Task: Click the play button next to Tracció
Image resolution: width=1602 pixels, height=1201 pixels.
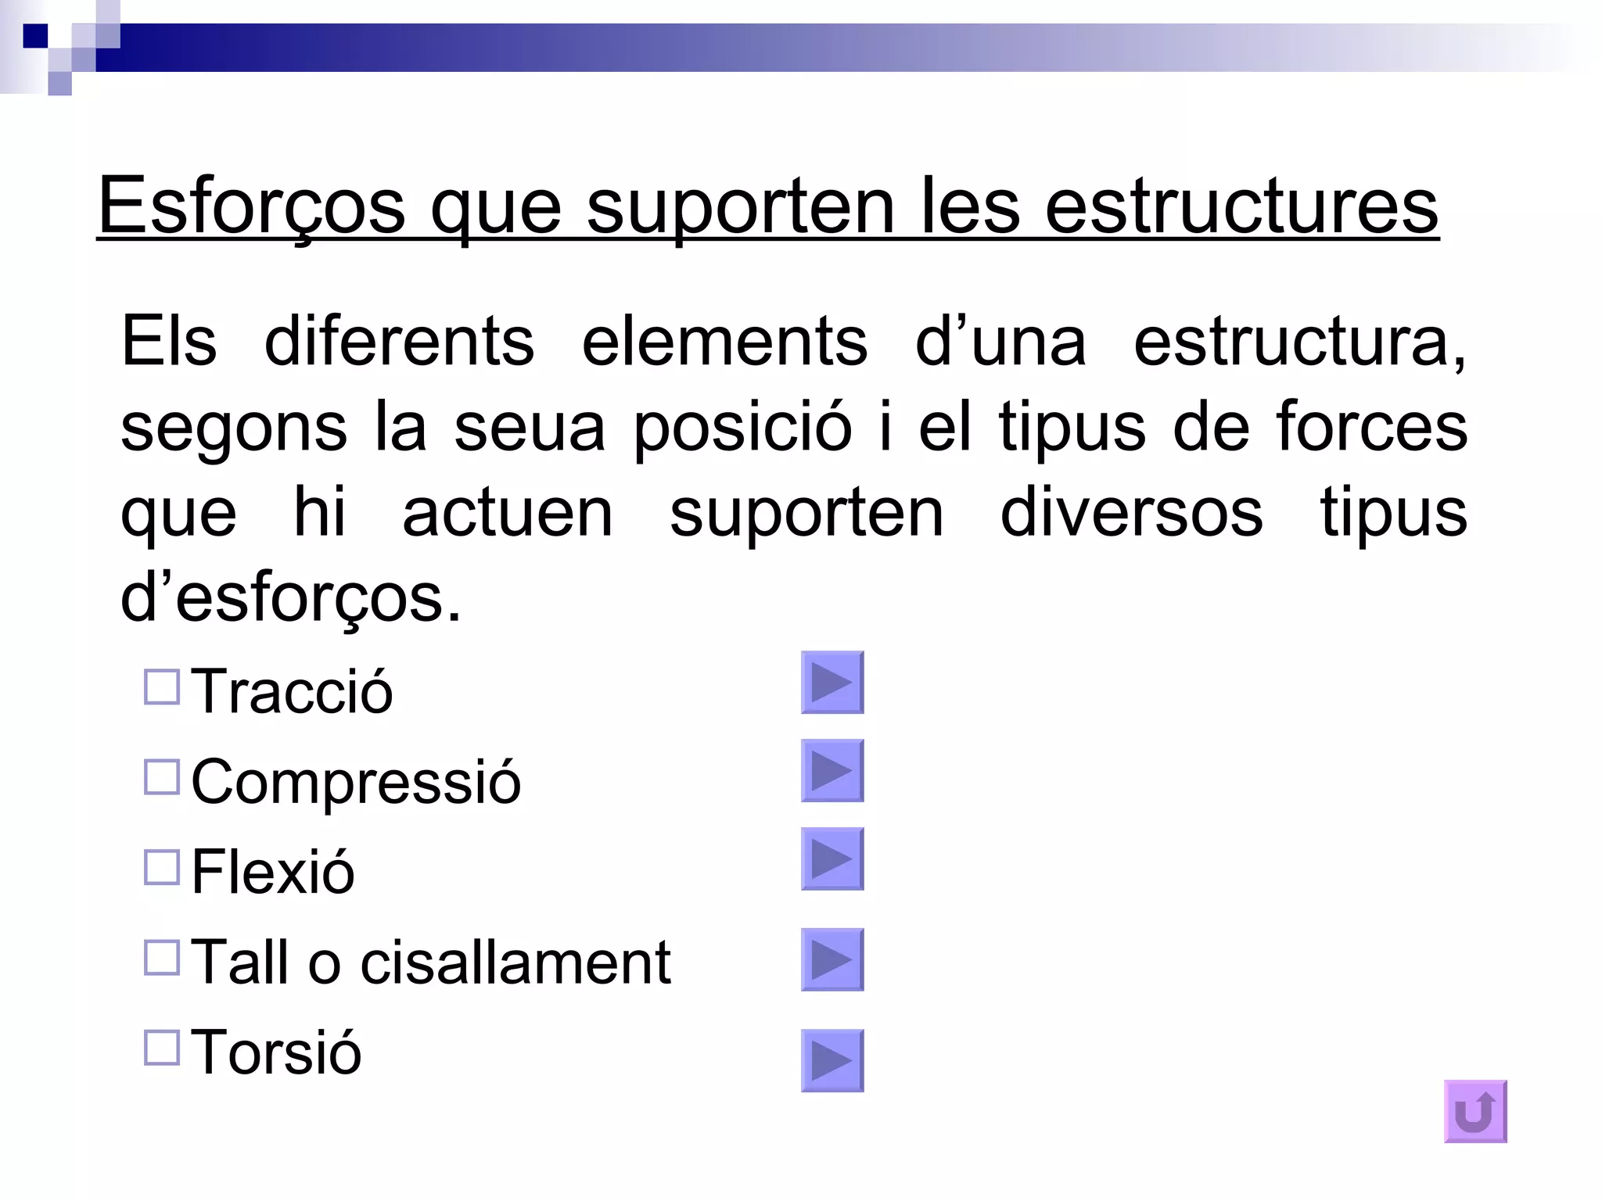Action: [832, 683]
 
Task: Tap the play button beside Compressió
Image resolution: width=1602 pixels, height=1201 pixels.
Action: [832, 771]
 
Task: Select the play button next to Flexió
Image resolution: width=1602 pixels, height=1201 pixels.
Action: [832, 859]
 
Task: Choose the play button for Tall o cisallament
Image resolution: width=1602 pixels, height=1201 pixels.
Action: [832, 960]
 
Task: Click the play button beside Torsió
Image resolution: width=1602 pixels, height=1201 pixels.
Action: [832, 1061]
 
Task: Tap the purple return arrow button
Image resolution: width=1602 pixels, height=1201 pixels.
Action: [1475, 1112]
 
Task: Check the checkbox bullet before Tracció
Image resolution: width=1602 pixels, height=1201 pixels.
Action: [162, 687]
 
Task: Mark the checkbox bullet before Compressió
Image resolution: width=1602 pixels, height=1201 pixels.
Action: [162, 777]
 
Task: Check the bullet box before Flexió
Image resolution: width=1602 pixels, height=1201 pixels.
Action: [162, 867]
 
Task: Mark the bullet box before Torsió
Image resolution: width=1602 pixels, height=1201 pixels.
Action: [162, 1047]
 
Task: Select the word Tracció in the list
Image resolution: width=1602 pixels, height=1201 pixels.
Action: [292, 691]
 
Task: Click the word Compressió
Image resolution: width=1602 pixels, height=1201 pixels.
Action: [356, 781]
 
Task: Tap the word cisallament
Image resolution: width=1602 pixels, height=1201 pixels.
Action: [515, 962]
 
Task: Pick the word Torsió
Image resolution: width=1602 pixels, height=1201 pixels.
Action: [276, 1052]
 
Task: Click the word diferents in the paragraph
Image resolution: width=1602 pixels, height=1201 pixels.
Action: [399, 342]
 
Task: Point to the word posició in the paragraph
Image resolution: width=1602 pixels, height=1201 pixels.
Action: [742, 427]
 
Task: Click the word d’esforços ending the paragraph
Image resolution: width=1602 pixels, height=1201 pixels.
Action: [290, 598]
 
